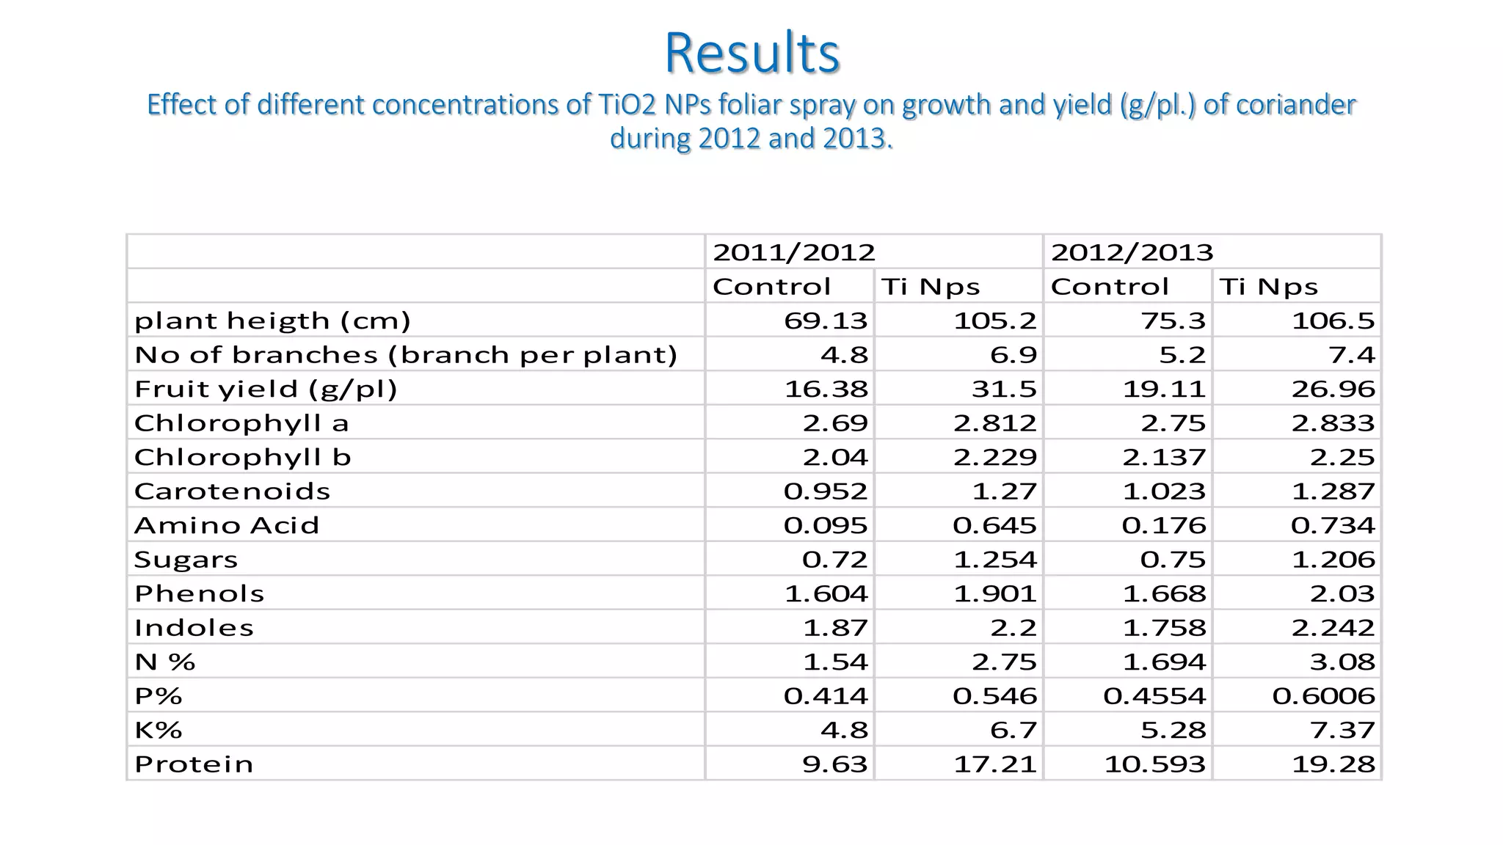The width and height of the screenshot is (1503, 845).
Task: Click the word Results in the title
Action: coord(751,53)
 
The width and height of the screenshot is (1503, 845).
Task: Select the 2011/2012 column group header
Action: coord(794,252)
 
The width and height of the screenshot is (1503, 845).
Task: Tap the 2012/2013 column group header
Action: coord(1132,252)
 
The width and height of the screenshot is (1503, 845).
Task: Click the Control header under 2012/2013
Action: coord(1110,286)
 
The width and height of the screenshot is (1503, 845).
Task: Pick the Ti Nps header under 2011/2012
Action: coord(931,286)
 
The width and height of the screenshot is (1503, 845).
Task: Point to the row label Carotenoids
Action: coord(232,491)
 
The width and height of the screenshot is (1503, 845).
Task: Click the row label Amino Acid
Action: coord(227,525)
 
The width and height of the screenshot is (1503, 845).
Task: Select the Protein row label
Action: coord(194,764)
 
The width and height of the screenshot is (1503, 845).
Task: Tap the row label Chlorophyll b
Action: coord(242,457)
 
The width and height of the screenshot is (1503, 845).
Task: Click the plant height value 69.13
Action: coord(826,321)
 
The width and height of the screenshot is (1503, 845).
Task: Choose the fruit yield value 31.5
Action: coord(1004,389)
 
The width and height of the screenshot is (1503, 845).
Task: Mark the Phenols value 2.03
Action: coord(1342,593)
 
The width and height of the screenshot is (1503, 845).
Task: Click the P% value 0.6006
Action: coord(1324,695)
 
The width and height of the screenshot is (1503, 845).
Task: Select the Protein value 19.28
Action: coord(1333,764)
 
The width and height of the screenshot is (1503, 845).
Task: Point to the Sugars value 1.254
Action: coord(995,560)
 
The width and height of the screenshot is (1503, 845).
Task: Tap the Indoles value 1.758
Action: coord(1164,628)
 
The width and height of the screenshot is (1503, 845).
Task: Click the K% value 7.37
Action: coord(1342,730)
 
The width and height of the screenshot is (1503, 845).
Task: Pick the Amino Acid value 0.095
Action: coord(826,525)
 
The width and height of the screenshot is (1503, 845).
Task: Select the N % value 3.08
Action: coord(1342,662)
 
